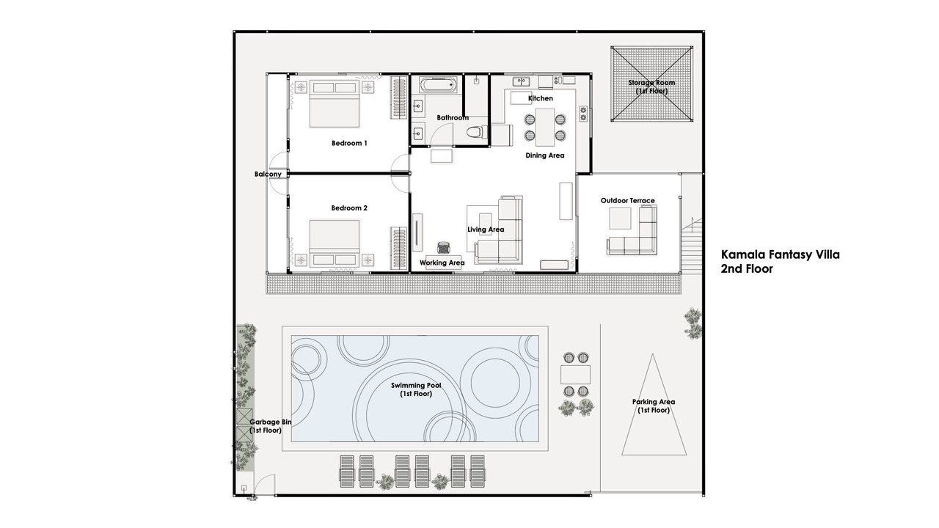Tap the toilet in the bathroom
(477, 132)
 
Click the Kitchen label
(541, 98)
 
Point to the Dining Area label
(544, 155)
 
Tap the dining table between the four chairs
(545, 128)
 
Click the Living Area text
(486, 230)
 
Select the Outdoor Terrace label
(627, 201)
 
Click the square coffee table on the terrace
(620, 219)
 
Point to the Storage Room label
(651, 87)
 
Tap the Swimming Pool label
(416, 389)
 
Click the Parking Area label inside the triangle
(654, 406)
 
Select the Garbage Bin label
(270, 426)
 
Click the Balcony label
(268, 174)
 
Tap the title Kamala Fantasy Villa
(780, 254)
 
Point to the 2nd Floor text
(747, 268)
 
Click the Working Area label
(442, 263)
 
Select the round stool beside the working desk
(444, 248)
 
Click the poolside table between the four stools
(576, 375)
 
